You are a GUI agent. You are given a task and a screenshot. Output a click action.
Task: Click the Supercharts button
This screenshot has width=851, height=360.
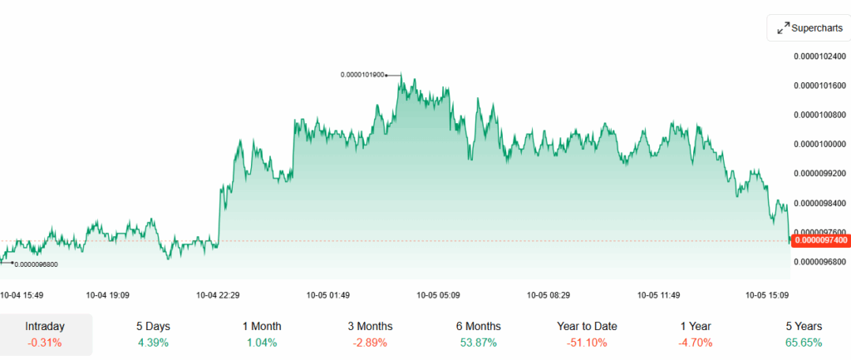pos(809,28)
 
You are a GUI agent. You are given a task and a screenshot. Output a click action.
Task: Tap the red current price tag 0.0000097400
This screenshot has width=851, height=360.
pos(821,240)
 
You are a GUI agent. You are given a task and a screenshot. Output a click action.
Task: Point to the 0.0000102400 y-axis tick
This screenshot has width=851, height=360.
pos(820,57)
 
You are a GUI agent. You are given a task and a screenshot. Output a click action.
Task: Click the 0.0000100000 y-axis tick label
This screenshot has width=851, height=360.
pos(820,145)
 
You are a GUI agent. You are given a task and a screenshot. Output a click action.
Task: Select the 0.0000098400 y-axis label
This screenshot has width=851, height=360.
pos(820,203)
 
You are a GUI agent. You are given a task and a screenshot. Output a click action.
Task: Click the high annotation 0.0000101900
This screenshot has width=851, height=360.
pos(362,75)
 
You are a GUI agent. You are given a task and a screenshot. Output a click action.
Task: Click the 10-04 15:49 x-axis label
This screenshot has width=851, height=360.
pos(22,294)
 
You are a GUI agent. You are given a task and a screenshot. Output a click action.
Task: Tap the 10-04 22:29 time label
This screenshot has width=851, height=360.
pos(218,294)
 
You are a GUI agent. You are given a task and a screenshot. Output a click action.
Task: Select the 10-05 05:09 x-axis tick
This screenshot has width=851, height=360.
pos(439,294)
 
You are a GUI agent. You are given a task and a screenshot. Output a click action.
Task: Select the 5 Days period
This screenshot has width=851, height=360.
pos(154,327)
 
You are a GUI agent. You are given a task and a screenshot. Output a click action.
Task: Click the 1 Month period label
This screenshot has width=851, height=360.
pos(262,327)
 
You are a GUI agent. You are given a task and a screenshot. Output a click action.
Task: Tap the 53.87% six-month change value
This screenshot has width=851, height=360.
pos(479,343)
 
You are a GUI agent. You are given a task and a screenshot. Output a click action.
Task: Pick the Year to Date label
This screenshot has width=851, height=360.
pos(587,327)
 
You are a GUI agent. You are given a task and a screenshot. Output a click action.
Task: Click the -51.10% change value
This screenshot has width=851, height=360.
pos(587,343)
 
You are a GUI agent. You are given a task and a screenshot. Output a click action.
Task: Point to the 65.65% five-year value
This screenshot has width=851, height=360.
pos(804,343)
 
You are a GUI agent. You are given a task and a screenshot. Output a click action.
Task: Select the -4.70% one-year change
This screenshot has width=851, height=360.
pos(696,343)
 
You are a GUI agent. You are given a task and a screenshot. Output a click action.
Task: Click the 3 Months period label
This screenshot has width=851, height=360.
pos(370,327)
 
